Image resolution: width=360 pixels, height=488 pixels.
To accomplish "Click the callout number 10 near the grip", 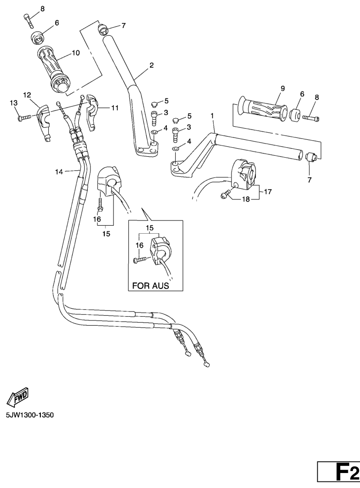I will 75,53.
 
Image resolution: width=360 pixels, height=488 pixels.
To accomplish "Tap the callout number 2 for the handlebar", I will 151,65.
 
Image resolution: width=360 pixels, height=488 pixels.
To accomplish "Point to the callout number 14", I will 59,172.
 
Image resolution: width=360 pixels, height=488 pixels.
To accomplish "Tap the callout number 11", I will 114,107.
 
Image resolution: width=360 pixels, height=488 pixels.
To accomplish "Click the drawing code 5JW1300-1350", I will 30,415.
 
